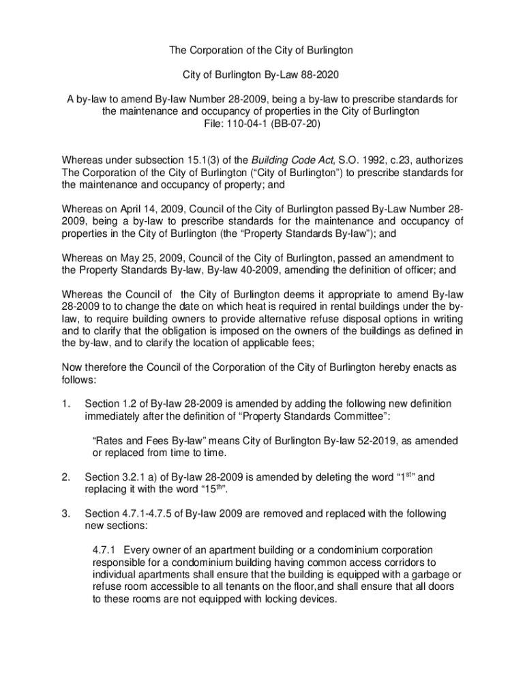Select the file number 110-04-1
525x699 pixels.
coord(252,124)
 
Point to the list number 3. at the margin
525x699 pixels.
coord(66,513)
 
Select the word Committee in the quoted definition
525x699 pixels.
coord(344,416)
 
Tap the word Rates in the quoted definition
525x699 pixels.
coord(109,441)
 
